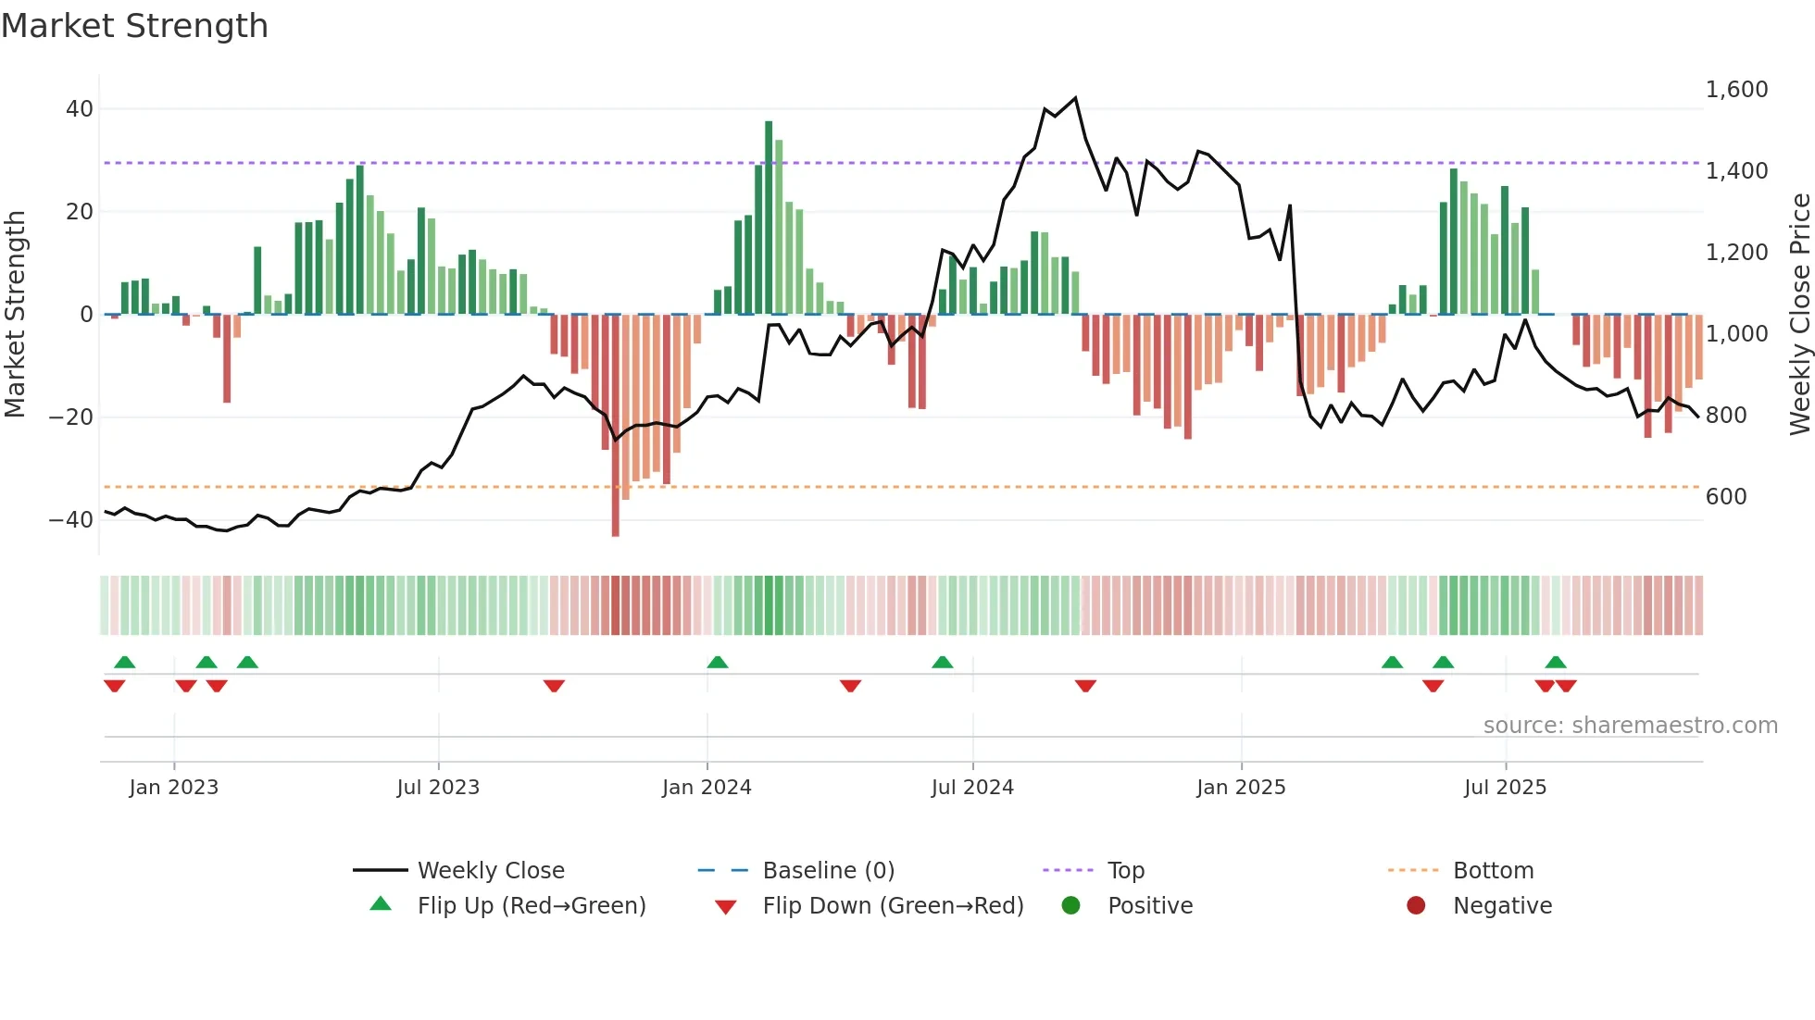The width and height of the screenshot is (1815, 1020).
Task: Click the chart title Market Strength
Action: pos(134,26)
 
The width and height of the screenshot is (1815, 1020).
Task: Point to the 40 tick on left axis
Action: pos(80,109)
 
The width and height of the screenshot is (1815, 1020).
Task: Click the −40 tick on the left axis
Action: pos(72,520)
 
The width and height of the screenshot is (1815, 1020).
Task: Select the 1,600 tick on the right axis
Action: pos(1736,90)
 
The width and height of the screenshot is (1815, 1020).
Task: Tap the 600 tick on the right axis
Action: pos(1726,497)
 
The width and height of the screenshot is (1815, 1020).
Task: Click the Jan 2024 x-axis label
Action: pos(707,788)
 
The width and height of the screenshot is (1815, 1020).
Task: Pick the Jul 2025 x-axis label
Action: pos(1505,788)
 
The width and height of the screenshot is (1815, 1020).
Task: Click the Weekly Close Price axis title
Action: pos(1799,315)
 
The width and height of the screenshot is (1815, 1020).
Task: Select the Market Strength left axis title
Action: pos(16,315)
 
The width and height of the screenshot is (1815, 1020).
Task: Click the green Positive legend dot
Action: pos(1071,906)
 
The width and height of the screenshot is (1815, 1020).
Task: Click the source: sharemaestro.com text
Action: pos(1630,726)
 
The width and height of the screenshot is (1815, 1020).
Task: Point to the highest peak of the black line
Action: pos(1075,97)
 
